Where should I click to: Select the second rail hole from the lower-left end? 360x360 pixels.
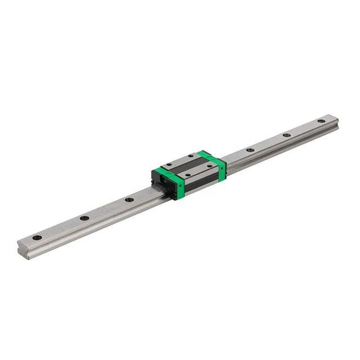pos(84,218)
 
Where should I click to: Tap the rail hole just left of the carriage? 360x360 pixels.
pos(129,200)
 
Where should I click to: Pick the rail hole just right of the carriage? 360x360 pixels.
pos(249,150)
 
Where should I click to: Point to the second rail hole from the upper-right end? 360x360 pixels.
pos(286,135)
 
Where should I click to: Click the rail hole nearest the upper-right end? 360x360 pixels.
pos(321,121)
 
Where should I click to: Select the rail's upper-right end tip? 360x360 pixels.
pos(336,119)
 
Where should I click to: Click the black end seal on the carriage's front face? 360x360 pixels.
pos(158,181)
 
